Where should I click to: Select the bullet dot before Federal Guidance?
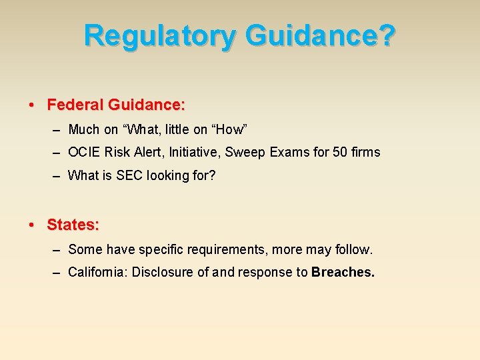(x=32, y=105)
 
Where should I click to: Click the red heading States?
(x=73, y=225)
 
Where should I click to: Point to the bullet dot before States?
(x=32, y=225)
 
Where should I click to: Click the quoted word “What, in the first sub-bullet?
(x=141, y=129)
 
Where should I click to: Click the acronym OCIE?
(x=84, y=152)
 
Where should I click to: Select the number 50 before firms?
(x=340, y=152)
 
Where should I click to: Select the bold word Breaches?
(x=343, y=272)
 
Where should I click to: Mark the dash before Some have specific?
(x=55, y=249)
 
